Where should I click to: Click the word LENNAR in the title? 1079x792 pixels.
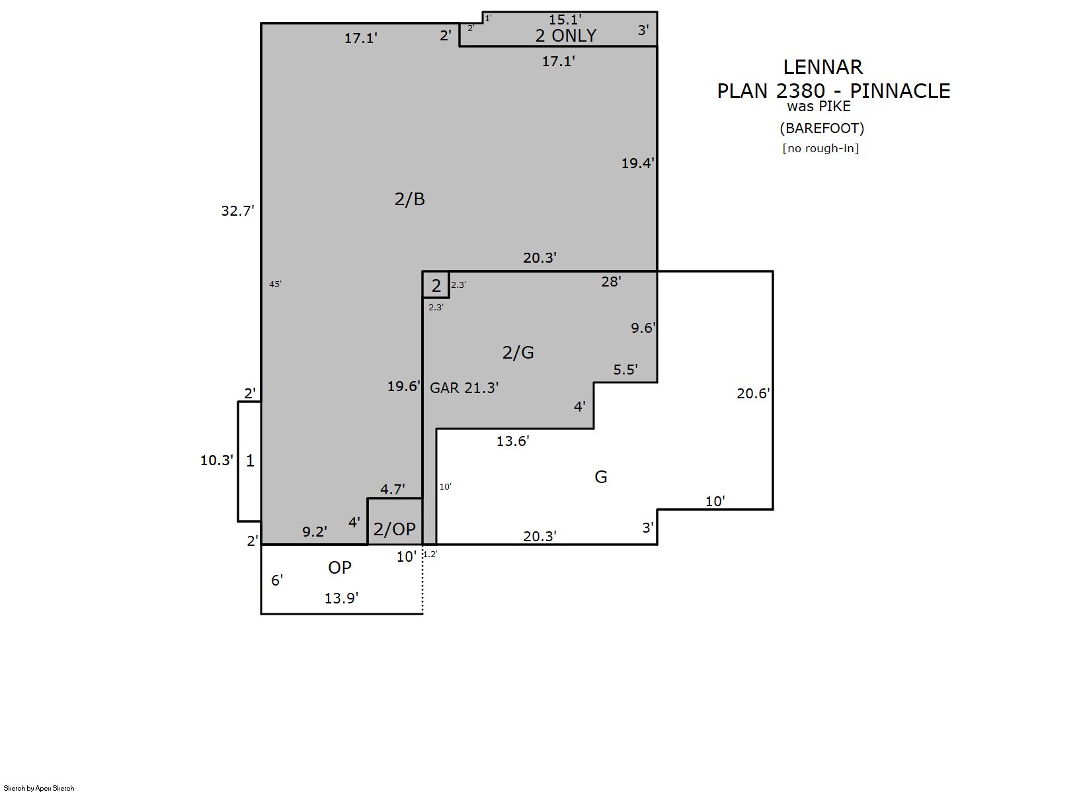[x=822, y=67]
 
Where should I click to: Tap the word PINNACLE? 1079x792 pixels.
[x=900, y=91]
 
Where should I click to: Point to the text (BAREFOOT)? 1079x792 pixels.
[x=822, y=128]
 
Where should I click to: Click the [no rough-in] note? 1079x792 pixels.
[x=820, y=148]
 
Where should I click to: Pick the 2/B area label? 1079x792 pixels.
[x=409, y=199]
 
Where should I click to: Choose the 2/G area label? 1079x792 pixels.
[x=518, y=353]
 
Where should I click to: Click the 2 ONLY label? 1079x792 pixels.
[x=566, y=36]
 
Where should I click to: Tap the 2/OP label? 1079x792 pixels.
[x=395, y=529]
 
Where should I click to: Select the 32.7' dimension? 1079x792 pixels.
[x=237, y=210]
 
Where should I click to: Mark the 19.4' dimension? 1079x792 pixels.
[x=637, y=163]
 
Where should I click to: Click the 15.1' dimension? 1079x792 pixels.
[x=565, y=20]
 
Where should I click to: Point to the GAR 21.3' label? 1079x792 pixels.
[x=464, y=388]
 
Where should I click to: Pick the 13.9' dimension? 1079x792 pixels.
[x=341, y=598]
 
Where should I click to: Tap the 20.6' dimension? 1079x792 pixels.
[x=753, y=393]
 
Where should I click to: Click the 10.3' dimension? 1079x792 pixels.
[x=217, y=461]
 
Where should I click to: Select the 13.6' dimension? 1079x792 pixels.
[x=512, y=441]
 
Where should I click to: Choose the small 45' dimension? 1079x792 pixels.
[x=275, y=285]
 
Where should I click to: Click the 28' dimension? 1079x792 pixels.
[x=611, y=281]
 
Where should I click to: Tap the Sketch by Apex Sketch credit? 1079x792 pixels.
[x=38, y=788]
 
